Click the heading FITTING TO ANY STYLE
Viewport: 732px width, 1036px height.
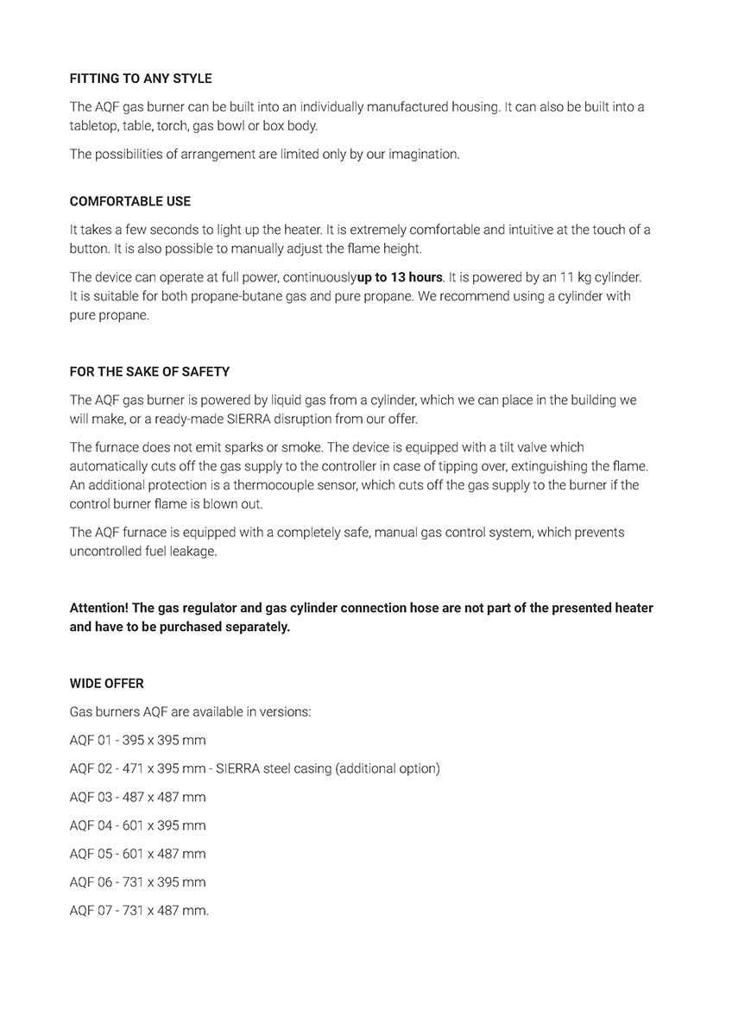coord(141,79)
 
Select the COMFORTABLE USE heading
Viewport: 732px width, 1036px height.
coord(130,201)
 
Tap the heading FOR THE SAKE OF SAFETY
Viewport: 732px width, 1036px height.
coord(149,372)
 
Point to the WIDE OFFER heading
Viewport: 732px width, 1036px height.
coord(107,683)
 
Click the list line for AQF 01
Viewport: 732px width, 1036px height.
coord(137,740)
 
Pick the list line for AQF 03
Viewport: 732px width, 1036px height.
coord(137,797)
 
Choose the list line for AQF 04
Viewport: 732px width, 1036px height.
coord(137,825)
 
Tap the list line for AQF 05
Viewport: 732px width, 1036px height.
coord(137,854)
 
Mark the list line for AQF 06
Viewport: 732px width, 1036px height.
coord(137,882)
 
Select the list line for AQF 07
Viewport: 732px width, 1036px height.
coord(139,911)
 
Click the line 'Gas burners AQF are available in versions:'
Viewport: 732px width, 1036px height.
coord(190,712)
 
